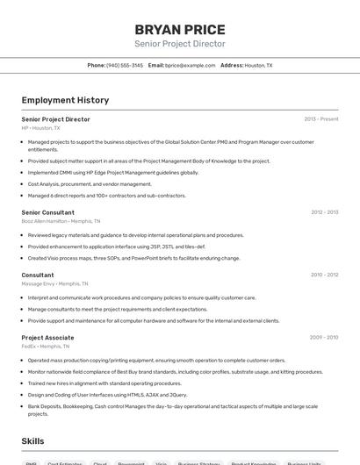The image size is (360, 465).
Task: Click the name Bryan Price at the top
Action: tap(180, 29)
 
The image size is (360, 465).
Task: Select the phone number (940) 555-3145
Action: tap(125, 65)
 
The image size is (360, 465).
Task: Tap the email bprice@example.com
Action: tap(191, 65)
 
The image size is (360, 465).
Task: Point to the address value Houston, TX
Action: tap(258, 65)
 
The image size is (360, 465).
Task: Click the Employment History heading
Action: tap(65, 100)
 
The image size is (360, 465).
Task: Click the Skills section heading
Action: tap(33, 440)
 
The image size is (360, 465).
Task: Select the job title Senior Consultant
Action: tap(47, 212)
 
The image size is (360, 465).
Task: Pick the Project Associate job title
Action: tap(47, 338)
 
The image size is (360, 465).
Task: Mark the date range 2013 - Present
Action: tap(320, 118)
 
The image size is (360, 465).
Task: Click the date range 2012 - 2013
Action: tap(324, 212)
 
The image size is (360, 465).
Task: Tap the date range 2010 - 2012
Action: tap(324, 275)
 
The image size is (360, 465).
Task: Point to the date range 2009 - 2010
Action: tap(324, 338)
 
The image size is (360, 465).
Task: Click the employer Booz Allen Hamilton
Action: tap(44, 221)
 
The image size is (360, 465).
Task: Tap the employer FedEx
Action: tap(29, 347)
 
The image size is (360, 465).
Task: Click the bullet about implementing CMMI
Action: tap(113, 173)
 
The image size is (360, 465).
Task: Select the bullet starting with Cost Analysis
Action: tap(90, 184)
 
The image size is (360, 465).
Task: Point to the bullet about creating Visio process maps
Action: tap(133, 258)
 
